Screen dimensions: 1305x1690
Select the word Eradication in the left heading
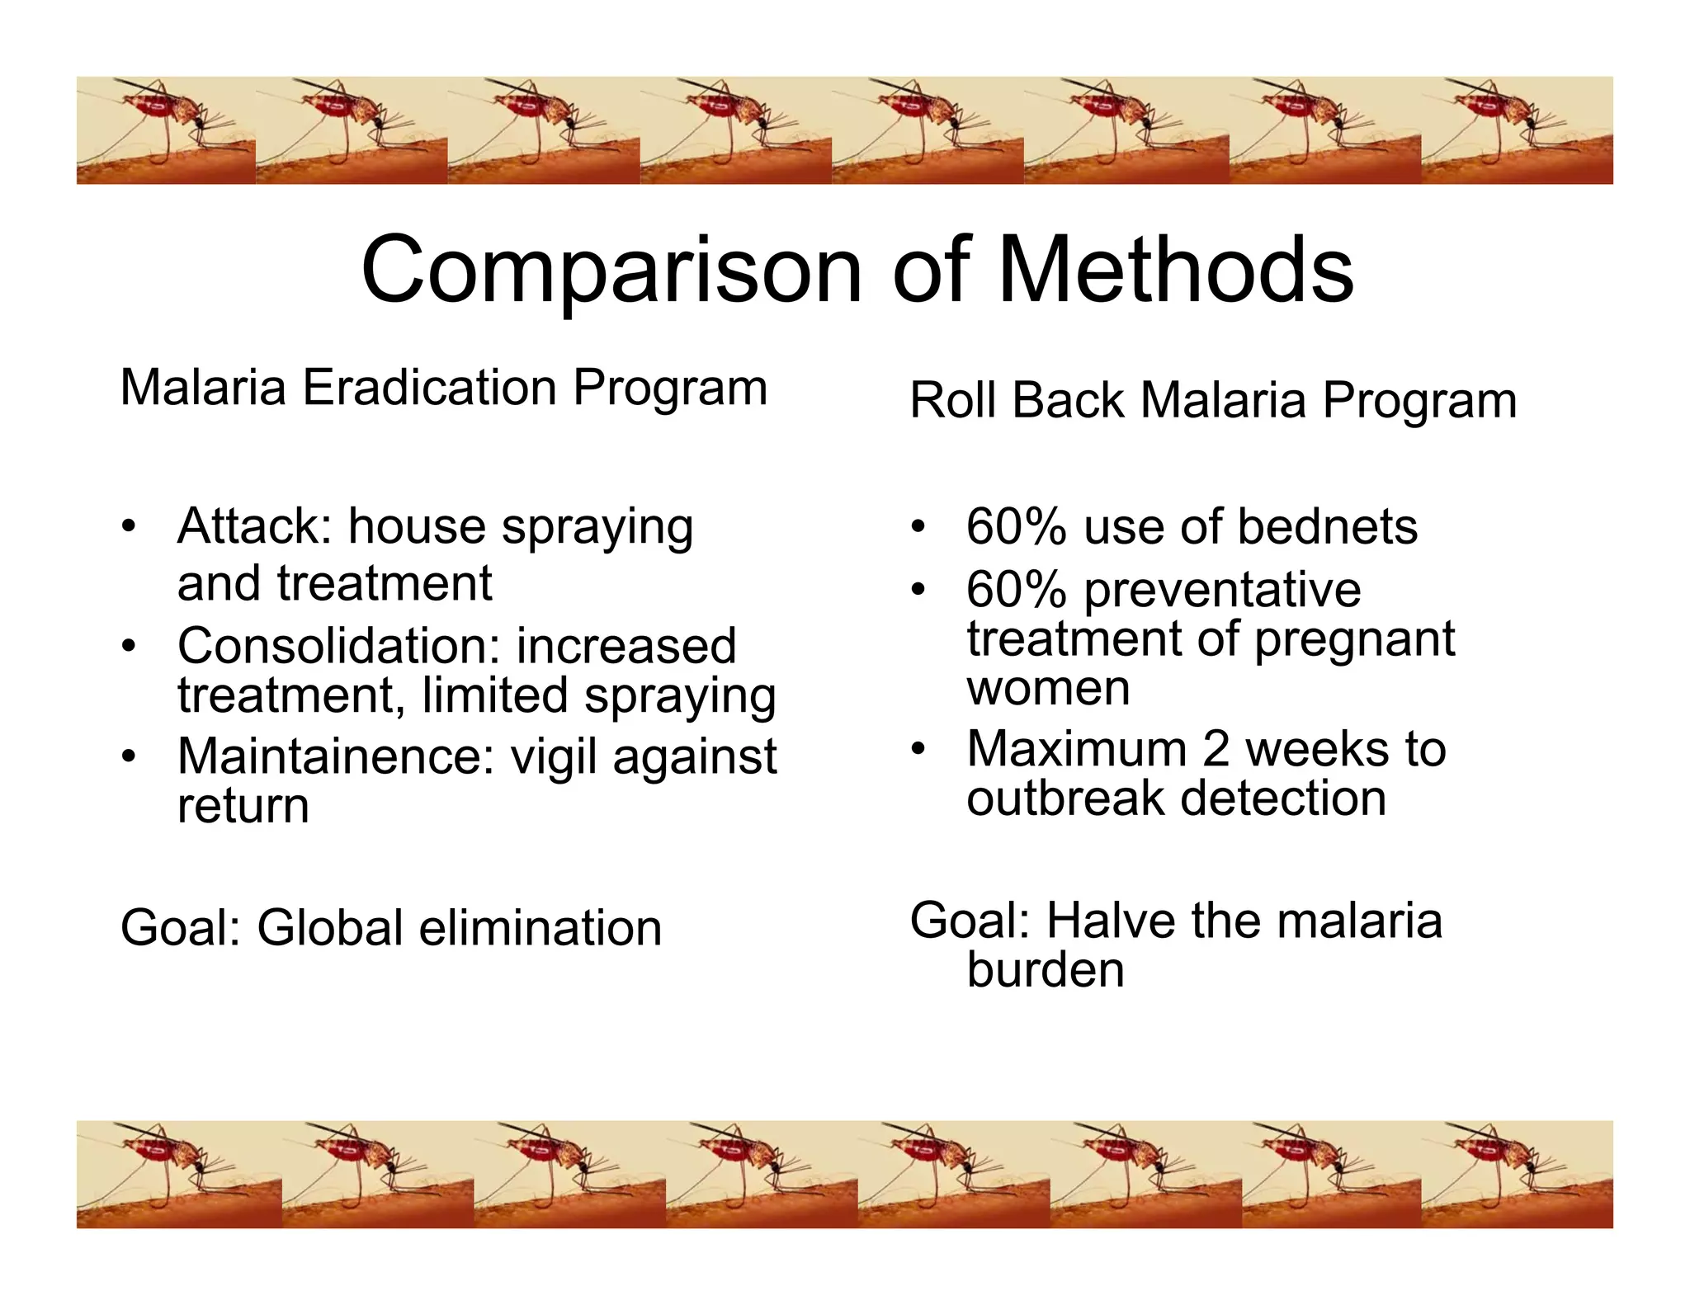pos(429,388)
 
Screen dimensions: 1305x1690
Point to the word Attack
pos(253,526)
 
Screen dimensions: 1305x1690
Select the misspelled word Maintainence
pos(335,756)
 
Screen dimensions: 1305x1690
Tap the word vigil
pos(554,756)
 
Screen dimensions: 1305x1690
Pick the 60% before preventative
pos(1016,590)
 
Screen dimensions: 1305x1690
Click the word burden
pos(1045,970)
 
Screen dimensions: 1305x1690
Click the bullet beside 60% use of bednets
pos(918,527)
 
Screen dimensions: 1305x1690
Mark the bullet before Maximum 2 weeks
pos(918,750)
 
